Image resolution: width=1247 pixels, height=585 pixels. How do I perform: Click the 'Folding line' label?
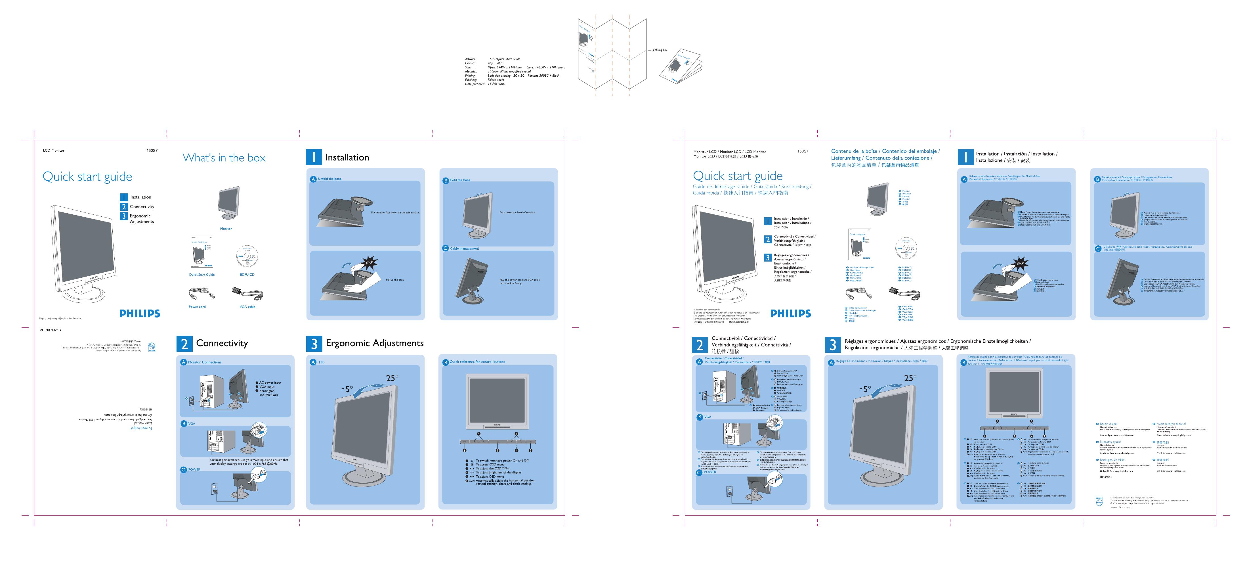[x=660, y=50]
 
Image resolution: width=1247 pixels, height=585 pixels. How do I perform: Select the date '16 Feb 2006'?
[x=496, y=84]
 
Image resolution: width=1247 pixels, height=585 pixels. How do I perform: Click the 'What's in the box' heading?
[x=224, y=158]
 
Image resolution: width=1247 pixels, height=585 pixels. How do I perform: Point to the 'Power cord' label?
[x=197, y=306]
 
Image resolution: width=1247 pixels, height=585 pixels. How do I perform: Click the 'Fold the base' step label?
[x=460, y=180]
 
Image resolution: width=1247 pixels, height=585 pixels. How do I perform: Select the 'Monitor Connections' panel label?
[x=204, y=362]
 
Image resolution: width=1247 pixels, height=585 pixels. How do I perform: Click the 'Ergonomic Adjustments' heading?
[x=374, y=343]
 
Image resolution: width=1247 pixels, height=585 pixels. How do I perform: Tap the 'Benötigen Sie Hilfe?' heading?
[x=1112, y=459]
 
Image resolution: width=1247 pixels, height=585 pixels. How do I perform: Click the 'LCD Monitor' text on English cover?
[x=53, y=151]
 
